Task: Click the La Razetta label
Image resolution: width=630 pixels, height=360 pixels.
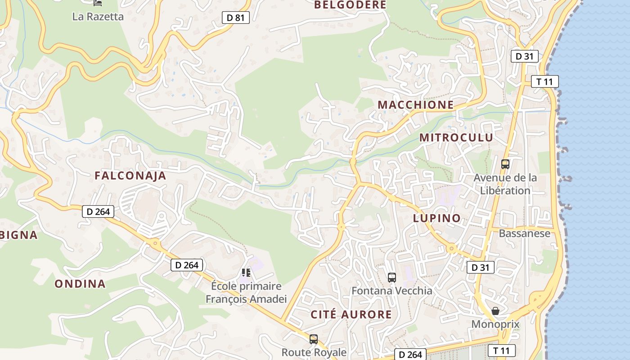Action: pos(98,17)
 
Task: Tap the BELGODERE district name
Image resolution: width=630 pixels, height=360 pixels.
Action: pos(350,5)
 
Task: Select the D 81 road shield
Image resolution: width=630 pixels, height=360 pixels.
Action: pos(235,18)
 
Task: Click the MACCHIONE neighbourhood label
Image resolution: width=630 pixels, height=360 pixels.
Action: pos(415,105)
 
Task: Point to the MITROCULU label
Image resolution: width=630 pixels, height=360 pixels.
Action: pos(456,138)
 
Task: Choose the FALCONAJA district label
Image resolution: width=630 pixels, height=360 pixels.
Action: pos(130,176)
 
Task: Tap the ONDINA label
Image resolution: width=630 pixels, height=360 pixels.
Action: pos(80,284)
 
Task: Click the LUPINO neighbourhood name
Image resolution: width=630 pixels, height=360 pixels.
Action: pos(437,219)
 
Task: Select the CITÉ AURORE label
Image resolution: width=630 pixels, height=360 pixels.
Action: pos(351,315)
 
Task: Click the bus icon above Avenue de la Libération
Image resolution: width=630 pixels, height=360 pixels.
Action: pos(505,164)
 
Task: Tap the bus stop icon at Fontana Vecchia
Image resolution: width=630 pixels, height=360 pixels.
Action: pos(391,278)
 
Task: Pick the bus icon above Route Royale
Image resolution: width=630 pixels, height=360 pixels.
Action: pos(314,339)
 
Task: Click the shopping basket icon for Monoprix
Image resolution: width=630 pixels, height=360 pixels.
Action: pos(495,311)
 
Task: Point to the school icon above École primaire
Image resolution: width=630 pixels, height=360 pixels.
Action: pos(246,272)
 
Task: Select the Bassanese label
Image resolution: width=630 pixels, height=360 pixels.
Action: pos(524,234)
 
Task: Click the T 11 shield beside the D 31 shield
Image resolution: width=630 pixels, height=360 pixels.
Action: pos(544,81)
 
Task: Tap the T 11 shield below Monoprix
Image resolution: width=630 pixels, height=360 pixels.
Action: pos(501,351)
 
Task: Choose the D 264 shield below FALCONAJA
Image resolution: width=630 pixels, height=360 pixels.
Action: pos(98,211)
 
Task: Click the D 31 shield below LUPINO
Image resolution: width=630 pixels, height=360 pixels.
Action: pos(480,267)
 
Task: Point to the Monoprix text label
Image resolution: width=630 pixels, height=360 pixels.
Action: pos(495,324)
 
